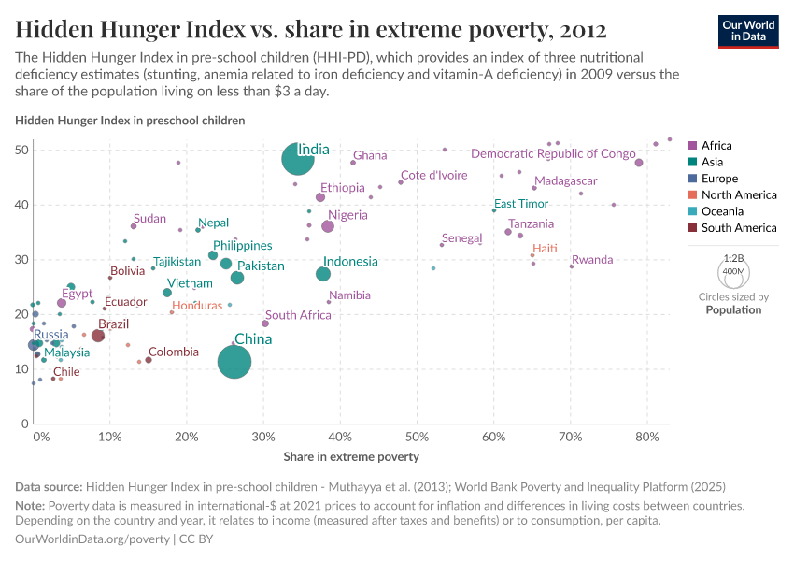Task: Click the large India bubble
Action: tap(297, 159)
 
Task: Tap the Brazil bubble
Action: tap(98, 336)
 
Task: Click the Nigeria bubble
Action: tap(328, 226)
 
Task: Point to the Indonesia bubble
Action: tap(323, 274)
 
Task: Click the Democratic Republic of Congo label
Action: tap(553, 154)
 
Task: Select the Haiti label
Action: tap(545, 249)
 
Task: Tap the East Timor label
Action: tap(521, 204)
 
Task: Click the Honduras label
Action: tap(197, 306)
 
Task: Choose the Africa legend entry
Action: tap(716, 146)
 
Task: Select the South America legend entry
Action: tap(738, 228)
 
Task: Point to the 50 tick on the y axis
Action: tap(22, 151)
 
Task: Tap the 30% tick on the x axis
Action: tap(264, 437)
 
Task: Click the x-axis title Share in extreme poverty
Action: tap(351, 457)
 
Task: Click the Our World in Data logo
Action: tap(750, 30)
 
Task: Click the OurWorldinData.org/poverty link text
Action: tap(92, 539)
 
